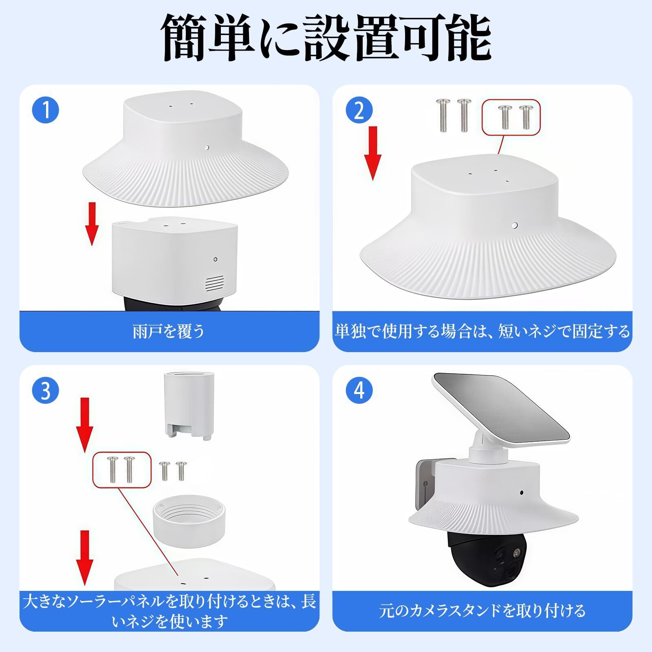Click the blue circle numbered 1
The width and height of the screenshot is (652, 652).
(x=46, y=110)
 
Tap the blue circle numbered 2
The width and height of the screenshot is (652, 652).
(x=359, y=110)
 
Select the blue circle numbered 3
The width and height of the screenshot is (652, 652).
(x=46, y=390)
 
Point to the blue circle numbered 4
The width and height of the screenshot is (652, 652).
(x=359, y=390)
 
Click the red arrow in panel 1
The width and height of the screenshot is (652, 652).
(x=93, y=224)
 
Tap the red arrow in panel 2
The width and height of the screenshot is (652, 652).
(x=372, y=153)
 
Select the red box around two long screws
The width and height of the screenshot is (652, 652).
(x=122, y=469)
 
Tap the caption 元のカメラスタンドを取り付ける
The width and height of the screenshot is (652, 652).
(x=482, y=610)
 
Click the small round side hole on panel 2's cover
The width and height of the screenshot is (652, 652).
(x=515, y=225)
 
